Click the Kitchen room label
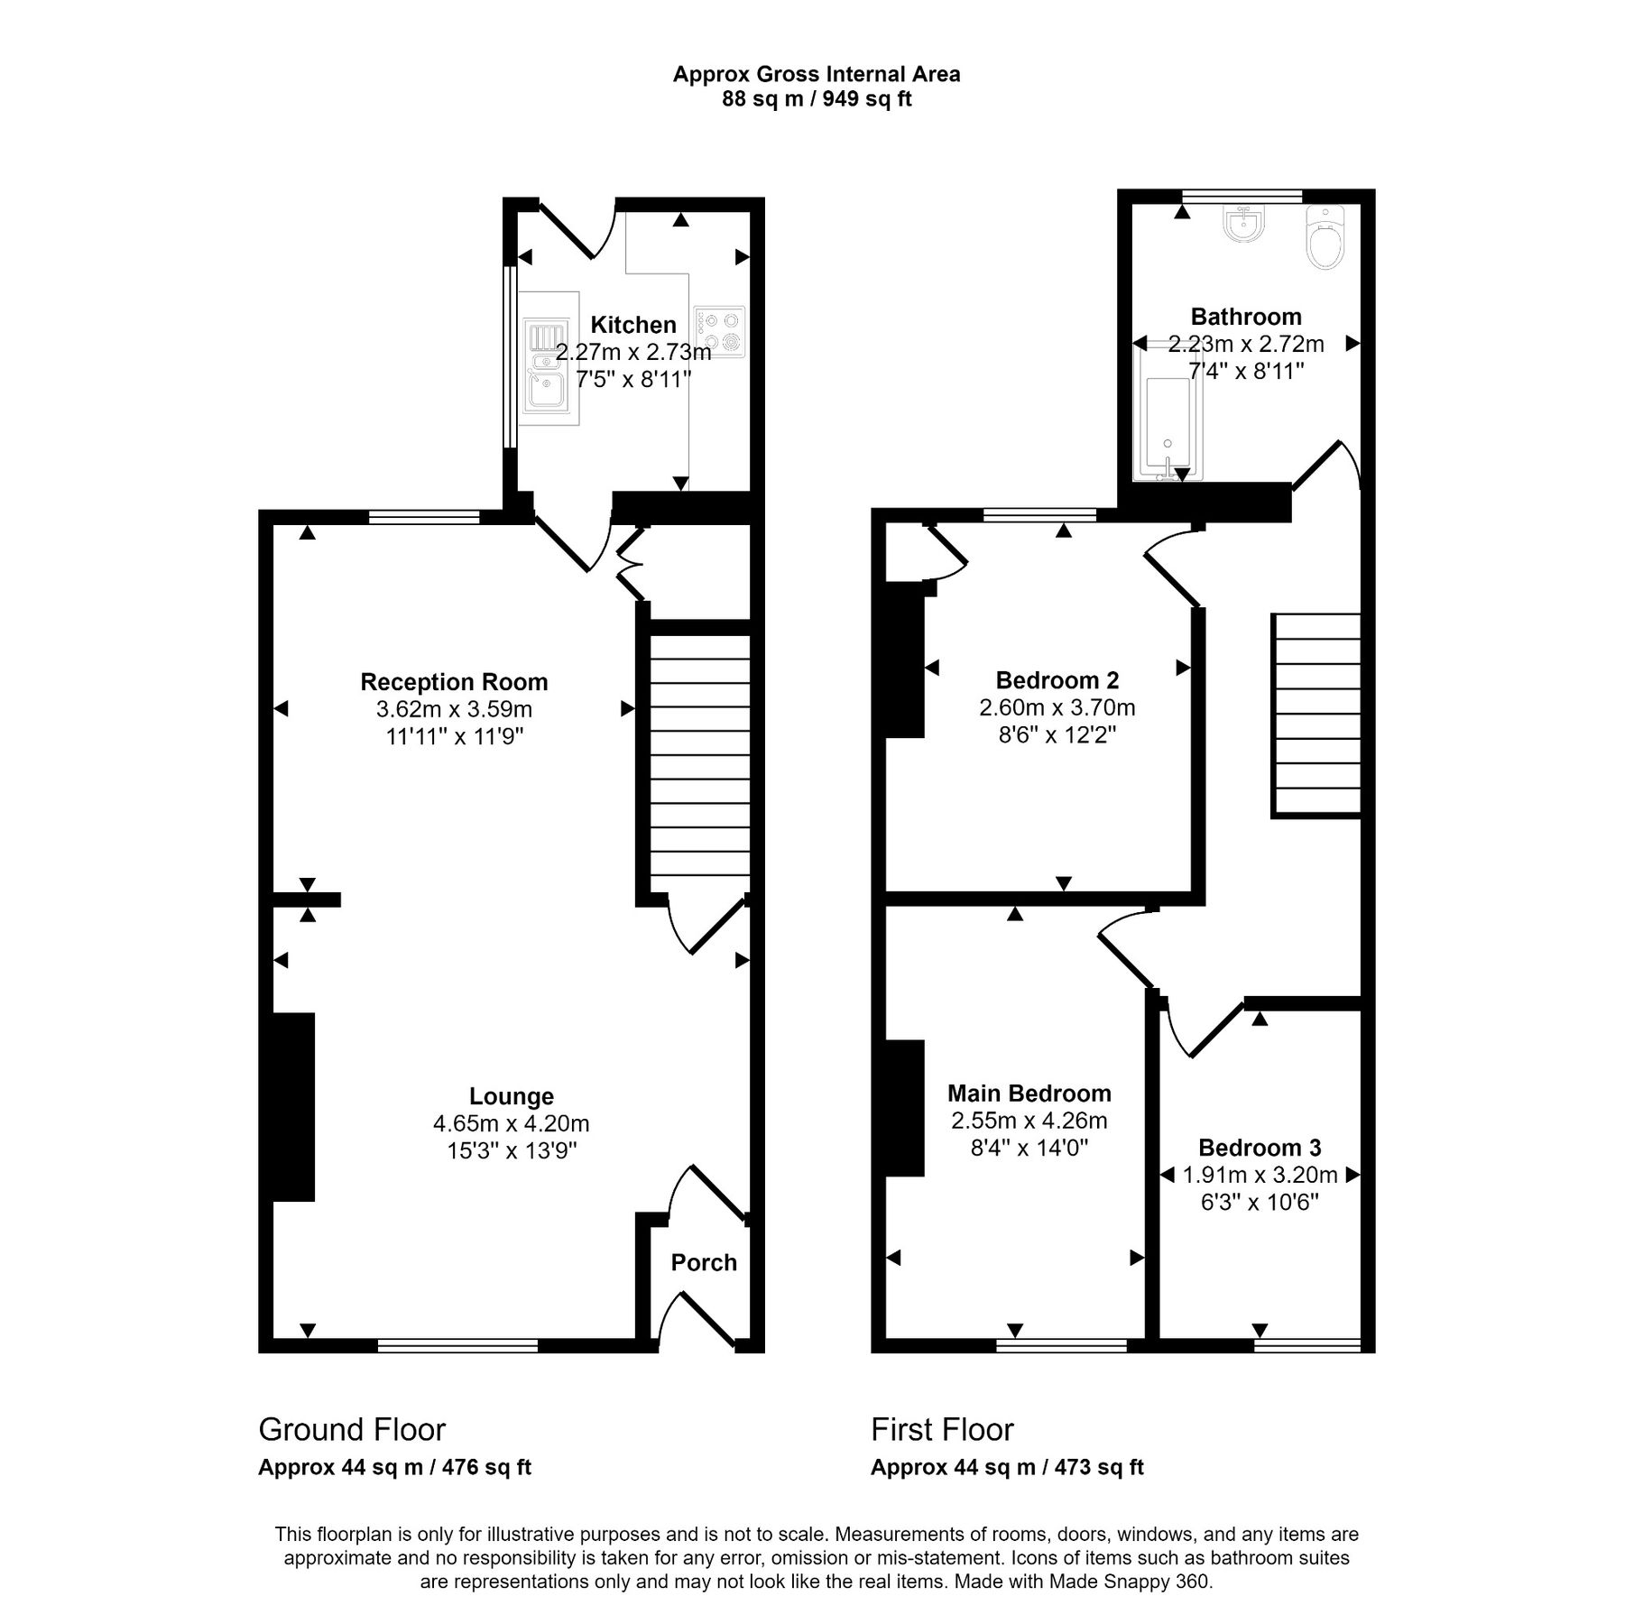632,325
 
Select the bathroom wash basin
1245,223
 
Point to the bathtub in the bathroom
1166,413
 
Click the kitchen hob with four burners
719,332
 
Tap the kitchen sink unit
549,372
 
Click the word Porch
704,1262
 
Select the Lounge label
512,1096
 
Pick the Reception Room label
454,682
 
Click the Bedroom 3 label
1260,1148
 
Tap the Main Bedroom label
1029,1093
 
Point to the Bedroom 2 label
1057,680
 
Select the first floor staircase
1316,715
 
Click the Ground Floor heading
352,1430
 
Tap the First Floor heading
942,1430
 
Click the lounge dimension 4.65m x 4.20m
512,1123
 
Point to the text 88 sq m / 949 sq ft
817,99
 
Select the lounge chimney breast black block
293,1107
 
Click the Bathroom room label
1246,317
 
